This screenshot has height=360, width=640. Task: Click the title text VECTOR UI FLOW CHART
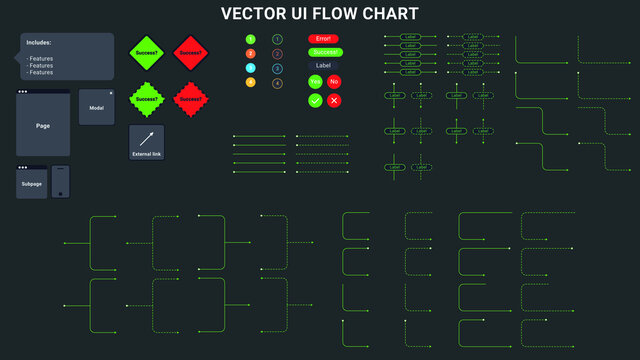320,14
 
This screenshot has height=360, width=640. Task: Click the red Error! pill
323,38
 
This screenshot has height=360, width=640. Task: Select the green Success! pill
323,51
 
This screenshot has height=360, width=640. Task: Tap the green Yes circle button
315,81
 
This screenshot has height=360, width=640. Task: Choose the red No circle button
334,81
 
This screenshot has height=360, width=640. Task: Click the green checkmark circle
315,100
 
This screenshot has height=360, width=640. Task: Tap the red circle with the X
334,100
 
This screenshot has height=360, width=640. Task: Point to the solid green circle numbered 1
251,38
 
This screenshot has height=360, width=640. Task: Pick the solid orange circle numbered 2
251,53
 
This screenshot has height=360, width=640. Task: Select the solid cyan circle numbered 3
251,68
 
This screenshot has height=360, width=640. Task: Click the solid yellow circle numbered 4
251,83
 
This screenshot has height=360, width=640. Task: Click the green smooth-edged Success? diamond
146,52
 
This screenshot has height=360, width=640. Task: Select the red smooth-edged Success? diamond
190,52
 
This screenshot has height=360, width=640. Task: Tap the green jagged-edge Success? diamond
146,99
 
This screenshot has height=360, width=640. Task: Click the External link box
146,142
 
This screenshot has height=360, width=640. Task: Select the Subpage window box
31,183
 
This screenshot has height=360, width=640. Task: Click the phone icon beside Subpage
61,182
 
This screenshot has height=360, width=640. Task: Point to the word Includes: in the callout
40,43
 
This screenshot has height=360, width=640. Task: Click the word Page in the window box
43,126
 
